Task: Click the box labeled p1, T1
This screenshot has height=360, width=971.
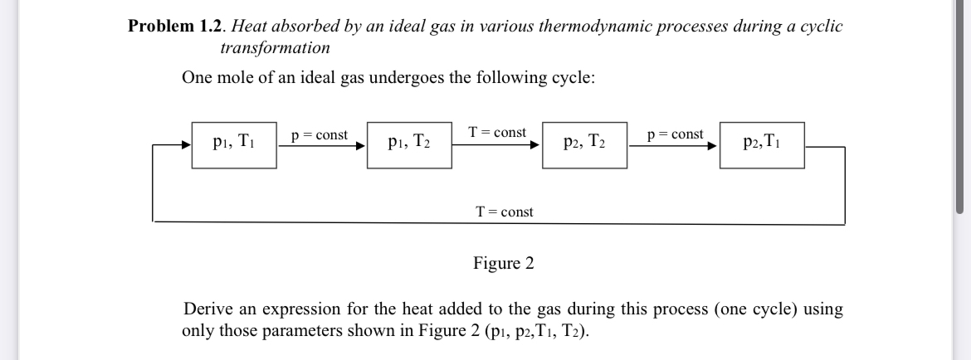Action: (234, 144)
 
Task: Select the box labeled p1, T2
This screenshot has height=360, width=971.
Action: (409, 144)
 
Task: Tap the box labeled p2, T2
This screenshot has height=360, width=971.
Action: (584, 144)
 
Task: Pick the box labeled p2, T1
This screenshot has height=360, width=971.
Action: (761, 144)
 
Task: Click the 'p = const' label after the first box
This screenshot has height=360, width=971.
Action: (320, 135)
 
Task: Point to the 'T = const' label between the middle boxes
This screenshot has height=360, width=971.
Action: (496, 133)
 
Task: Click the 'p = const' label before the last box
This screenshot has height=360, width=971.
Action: (675, 134)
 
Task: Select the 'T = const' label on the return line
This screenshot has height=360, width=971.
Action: (505, 212)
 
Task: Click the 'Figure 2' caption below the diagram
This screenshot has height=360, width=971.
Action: (504, 264)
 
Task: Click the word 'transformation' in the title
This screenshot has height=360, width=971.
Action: (275, 47)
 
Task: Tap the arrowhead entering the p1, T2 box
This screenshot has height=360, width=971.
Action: (361, 146)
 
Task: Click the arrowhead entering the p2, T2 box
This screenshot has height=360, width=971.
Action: (536, 146)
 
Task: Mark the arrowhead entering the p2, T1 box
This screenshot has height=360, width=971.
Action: (713, 146)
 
